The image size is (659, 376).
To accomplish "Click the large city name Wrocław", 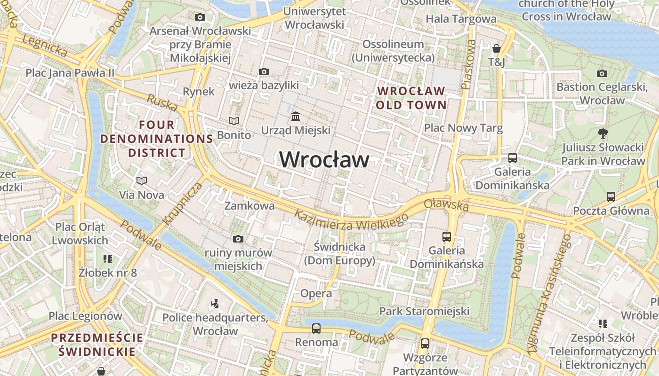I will (324, 160).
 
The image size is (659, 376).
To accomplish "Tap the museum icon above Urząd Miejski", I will (296, 116).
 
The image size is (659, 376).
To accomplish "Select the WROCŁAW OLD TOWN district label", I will (411, 98).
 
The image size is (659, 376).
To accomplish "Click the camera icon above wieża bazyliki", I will (264, 72).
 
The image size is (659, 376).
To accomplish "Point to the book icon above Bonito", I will (234, 121).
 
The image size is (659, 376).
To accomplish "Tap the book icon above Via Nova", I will (141, 180).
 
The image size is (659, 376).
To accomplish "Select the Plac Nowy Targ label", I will (463, 128).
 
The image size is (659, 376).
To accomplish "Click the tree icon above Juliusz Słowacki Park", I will (603, 133).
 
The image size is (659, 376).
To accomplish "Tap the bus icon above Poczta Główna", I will (611, 196).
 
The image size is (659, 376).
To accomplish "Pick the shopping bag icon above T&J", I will (496, 48).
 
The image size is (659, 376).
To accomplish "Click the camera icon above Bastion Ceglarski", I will (602, 73).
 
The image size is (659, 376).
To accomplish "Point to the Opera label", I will (316, 294).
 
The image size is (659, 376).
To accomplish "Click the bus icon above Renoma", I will (316, 328).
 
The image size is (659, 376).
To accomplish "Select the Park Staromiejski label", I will (424, 311).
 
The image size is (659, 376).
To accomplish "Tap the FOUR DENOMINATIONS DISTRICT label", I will (157, 139).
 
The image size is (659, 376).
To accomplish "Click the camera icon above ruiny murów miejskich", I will (238, 239).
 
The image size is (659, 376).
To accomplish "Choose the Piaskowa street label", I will (469, 64).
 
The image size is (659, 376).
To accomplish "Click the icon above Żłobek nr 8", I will (108, 259).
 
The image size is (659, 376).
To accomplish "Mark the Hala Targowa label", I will (461, 19).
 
